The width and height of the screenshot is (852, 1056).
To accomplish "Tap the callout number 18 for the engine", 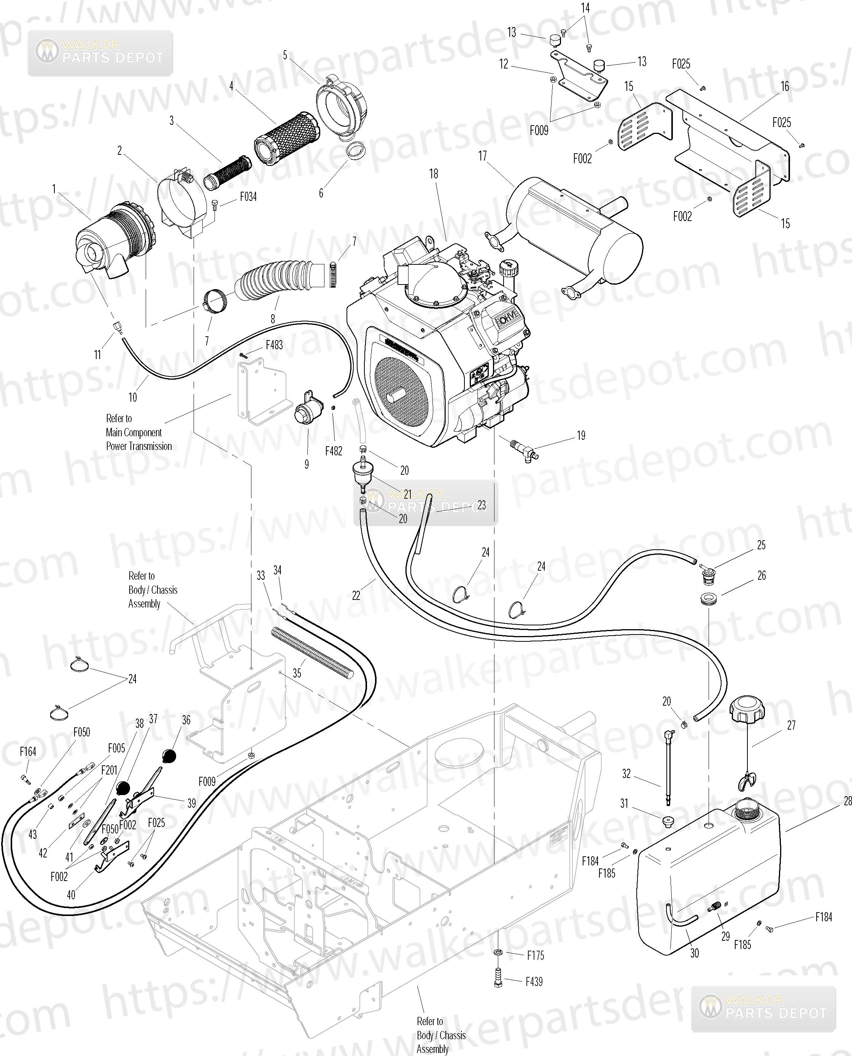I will [433, 174].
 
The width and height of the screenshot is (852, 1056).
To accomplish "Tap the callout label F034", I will [248, 197].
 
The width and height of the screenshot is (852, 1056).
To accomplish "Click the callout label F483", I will [274, 345].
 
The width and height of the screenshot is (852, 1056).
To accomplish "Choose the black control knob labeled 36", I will [169, 756].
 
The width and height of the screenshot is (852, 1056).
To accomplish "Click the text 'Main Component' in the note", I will [134, 432].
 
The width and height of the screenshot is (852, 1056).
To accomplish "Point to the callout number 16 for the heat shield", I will [785, 86].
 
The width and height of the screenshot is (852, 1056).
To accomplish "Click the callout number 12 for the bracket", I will [504, 64].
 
